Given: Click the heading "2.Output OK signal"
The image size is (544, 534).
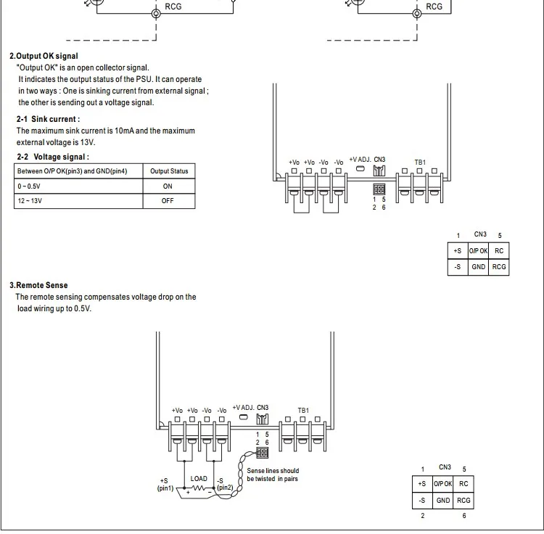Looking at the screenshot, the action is point(44,56).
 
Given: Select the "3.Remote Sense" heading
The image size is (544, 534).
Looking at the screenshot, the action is point(38,285).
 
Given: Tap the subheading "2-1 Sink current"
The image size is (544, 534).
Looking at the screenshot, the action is point(48,119).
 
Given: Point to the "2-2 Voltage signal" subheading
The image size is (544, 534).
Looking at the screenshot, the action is point(53,157).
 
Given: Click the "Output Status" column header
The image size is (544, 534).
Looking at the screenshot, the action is point(169,171).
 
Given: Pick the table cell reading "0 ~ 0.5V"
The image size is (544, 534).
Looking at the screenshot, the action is point(29,186).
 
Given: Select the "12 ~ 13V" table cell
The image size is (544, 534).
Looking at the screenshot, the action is point(30,201).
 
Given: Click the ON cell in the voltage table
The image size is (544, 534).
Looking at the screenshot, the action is point(168,186).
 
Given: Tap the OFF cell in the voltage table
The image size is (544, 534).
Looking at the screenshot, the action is point(168,201).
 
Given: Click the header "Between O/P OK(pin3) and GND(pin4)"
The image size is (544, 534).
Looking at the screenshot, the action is point(72,171).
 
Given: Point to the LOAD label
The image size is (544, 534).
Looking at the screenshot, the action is point(199,479).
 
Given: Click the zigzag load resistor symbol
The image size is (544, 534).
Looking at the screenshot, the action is point(199,488).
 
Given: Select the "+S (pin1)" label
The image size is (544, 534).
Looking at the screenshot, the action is point(165,485).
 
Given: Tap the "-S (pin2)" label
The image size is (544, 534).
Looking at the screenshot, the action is point(225,484).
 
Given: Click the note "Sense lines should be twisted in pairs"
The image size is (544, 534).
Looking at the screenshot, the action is point(273,475).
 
